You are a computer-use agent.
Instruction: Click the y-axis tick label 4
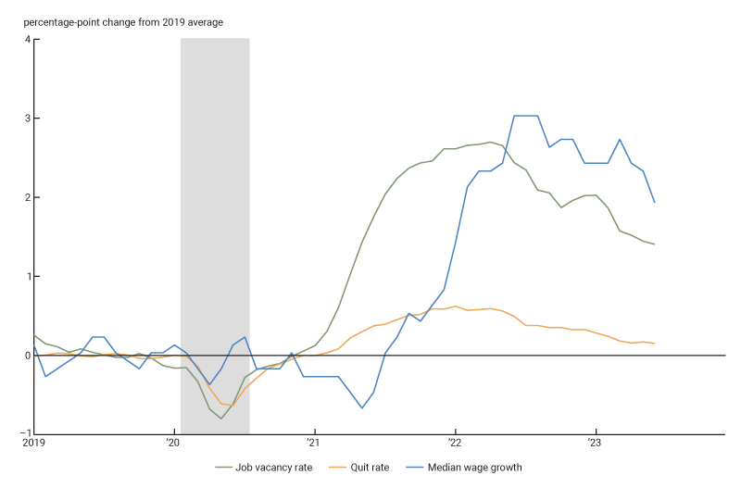27,39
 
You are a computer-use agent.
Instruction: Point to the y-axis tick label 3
27,119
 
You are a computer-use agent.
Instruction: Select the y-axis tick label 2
27,197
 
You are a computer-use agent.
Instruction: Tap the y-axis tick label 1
27,276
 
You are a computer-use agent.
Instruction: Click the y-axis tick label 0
27,356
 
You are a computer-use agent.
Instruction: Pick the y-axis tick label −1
25,434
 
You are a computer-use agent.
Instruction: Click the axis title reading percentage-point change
123,21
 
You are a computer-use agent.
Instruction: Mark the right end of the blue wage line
655,202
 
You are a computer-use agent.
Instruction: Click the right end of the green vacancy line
655,244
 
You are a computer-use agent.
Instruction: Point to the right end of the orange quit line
655,344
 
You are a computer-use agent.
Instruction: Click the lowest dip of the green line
221,419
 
